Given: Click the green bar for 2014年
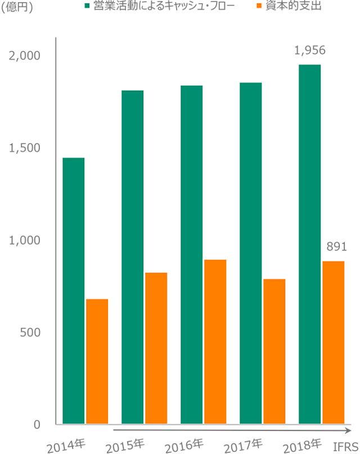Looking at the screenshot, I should tap(74, 290).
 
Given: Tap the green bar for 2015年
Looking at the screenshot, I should tap(133, 257).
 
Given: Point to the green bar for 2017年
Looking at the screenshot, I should tap(251, 253).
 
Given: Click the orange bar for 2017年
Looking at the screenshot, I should tap(274, 351).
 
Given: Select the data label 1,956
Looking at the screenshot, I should tap(310, 51).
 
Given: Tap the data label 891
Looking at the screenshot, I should tap(336, 247).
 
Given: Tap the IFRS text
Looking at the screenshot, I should tap(344, 446).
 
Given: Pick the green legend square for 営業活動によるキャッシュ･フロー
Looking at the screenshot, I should tap(87, 6).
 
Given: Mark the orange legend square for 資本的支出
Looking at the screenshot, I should tap(259, 6).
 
